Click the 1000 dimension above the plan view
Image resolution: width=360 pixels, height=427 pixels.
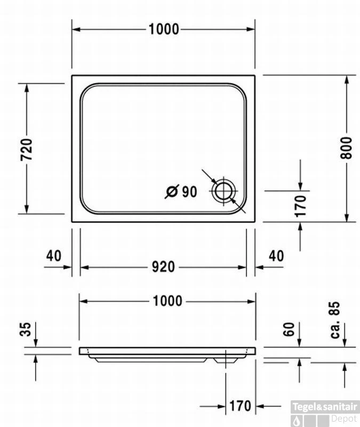[x=164, y=29]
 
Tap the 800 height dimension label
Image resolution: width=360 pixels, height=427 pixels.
[x=347, y=148]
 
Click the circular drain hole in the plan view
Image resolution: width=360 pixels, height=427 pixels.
[x=224, y=191]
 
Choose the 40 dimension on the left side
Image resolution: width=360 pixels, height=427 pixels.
[x=53, y=256]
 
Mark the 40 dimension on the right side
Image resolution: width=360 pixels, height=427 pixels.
[x=276, y=256]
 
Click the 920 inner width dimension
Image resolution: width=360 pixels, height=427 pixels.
[x=164, y=266]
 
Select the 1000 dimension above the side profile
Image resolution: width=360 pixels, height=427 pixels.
[x=167, y=301]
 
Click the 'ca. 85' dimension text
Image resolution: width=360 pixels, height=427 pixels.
[x=335, y=320]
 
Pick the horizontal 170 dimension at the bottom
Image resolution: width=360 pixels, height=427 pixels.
[x=240, y=406]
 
